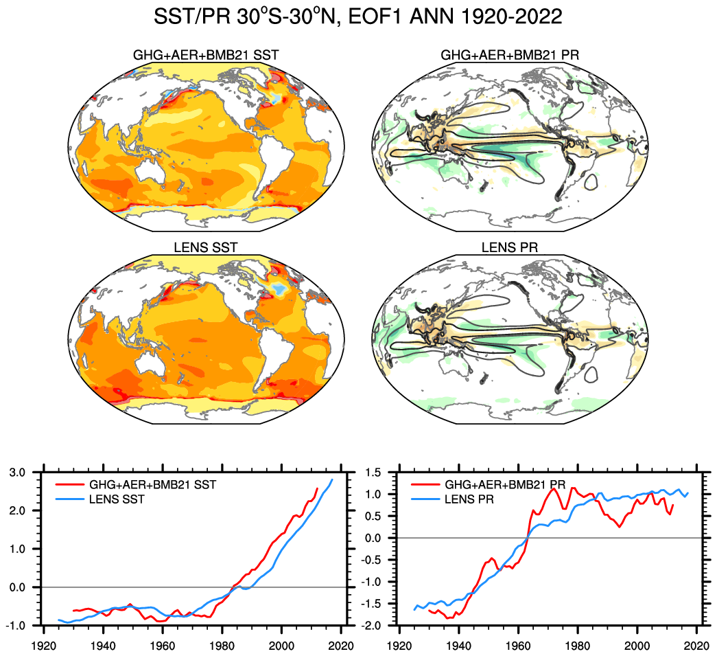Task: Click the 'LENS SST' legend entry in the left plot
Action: coord(117,499)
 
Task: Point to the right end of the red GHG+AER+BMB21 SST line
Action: coord(318,488)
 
